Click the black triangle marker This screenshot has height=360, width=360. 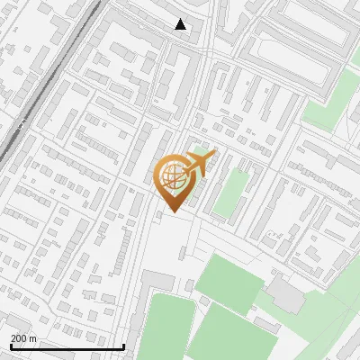tap(181, 24)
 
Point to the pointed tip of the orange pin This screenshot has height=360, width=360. tap(173, 212)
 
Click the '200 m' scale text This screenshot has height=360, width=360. tap(23, 337)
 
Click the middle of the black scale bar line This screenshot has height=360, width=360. tap(67, 346)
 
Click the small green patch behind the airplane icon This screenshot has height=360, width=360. tap(200, 153)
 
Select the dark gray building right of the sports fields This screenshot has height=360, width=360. tap(287, 295)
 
